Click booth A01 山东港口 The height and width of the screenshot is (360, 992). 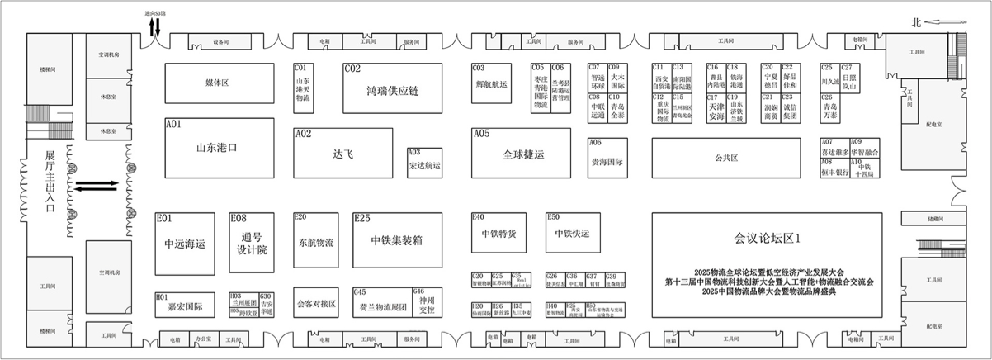[215, 149]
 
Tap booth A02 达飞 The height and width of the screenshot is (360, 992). [342, 154]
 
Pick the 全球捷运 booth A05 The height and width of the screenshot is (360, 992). [522, 154]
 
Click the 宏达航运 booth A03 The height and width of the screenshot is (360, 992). [425, 163]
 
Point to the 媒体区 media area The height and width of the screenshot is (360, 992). [216, 83]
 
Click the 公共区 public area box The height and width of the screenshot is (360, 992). [725, 157]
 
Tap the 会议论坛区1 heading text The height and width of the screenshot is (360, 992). [768, 238]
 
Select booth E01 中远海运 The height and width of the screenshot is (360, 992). [185, 244]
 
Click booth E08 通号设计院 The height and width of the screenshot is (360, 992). [250, 244]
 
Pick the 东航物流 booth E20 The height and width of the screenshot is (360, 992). [316, 243]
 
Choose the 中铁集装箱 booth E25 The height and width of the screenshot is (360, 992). [396, 240]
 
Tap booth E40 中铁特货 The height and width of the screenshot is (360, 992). [498, 234]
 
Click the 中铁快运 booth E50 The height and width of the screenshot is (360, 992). [573, 233]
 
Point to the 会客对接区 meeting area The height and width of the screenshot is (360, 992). [316, 304]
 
